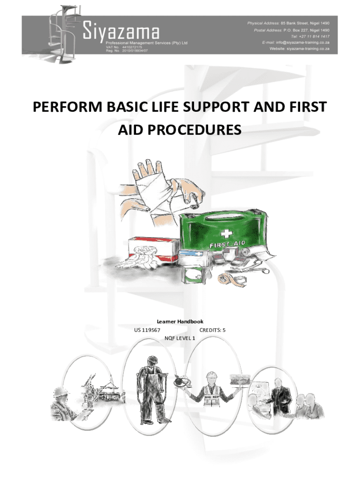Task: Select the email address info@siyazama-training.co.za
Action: coord(302,43)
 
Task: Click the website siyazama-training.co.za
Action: coord(308,49)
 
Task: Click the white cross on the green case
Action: coord(226,234)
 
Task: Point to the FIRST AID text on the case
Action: coord(227,244)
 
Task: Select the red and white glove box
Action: coord(154,250)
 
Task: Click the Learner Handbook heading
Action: coord(180,321)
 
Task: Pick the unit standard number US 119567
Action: coord(147,330)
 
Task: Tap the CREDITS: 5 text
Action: coord(213,330)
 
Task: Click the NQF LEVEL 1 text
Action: coord(180,338)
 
